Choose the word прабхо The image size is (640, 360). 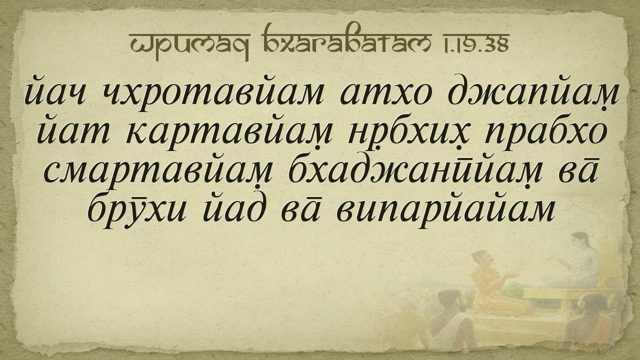pos(545,133)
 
